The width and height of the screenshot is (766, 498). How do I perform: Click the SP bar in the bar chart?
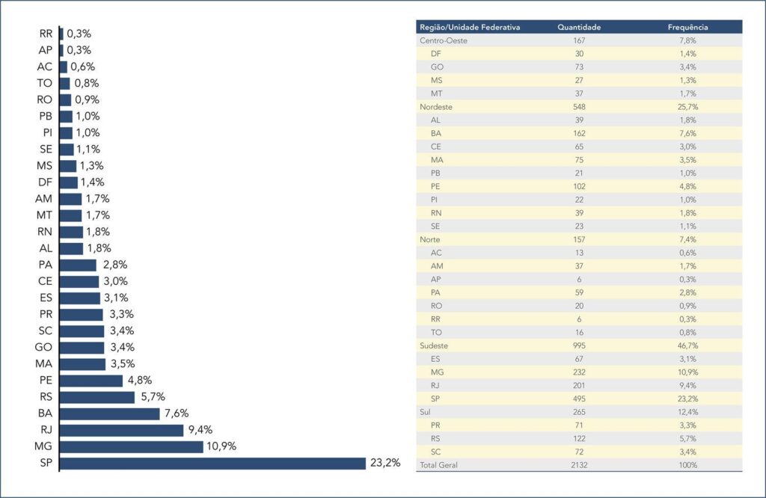click(212, 463)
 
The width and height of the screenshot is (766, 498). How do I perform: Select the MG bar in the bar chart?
click(131, 446)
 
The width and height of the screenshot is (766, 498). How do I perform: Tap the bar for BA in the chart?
click(109, 414)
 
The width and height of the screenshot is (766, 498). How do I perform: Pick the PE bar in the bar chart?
click(91, 381)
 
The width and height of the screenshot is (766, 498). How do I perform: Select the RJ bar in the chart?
click(121, 430)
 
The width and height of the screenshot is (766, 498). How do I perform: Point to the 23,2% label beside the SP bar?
click(385, 463)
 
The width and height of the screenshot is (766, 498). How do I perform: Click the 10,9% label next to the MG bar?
click(222, 446)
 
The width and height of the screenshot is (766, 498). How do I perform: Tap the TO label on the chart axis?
click(45, 83)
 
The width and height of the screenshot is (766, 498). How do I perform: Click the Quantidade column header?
click(579, 27)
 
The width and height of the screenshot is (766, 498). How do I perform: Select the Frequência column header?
click(688, 27)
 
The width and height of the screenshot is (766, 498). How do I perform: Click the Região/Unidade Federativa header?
click(470, 27)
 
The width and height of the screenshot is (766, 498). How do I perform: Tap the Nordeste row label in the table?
click(436, 107)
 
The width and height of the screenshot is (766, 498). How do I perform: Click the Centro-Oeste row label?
click(444, 40)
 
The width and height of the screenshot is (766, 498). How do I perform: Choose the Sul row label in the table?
click(426, 411)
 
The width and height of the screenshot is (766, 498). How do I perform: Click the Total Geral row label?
click(438, 465)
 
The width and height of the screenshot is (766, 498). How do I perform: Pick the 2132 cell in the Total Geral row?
click(579, 465)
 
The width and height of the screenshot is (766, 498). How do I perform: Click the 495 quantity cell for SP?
click(579, 398)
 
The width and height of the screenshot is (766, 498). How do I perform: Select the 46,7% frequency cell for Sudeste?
click(688, 345)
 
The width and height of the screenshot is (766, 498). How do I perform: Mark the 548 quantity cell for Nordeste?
click(579, 107)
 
